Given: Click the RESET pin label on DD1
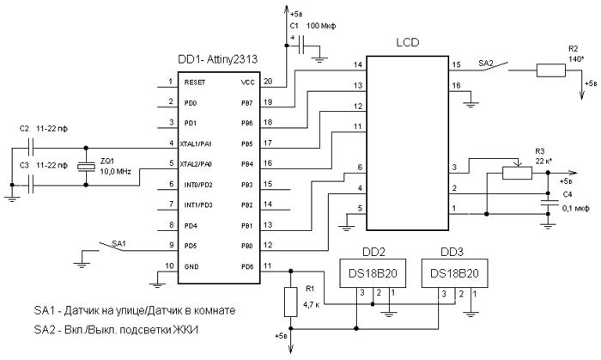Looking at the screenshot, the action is (x=195, y=82).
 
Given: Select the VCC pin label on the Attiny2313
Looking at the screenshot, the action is (x=247, y=82).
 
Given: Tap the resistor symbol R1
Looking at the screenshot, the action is (x=290, y=302).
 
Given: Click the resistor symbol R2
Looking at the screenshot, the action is (x=551, y=70).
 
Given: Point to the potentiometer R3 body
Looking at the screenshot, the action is (x=517, y=173).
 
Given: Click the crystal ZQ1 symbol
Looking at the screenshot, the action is (x=86, y=167).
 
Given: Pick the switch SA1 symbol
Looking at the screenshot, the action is (x=111, y=246).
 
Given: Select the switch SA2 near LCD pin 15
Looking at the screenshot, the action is (x=495, y=66).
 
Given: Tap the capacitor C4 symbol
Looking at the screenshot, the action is (x=548, y=203).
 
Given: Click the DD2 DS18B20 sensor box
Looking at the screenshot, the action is (x=373, y=273).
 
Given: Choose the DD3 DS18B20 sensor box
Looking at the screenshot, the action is (x=454, y=273).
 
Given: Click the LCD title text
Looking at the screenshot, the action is (x=408, y=42).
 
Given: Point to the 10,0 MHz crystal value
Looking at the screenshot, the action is (x=115, y=171).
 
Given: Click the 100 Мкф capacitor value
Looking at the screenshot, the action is (x=321, y=26).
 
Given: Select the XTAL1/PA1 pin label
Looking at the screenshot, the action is (x=196, y=144).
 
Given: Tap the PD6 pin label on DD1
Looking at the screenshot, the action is (x=247, y=266).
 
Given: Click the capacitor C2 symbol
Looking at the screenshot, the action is (x=32, y=148).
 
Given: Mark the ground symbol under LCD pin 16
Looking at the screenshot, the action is (x=470, y=104).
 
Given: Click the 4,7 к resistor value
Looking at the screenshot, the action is (x=311, y=305).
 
